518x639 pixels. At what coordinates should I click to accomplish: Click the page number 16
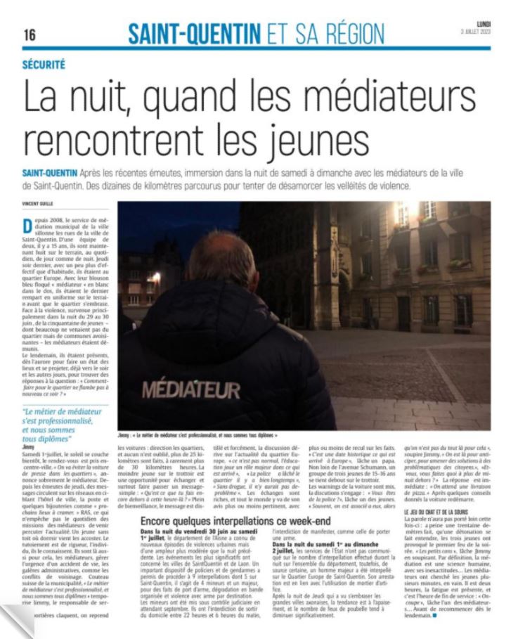click(30, 34)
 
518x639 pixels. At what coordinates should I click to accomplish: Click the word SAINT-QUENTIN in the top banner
click(191, 33)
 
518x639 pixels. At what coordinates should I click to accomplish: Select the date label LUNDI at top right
click(484, 24)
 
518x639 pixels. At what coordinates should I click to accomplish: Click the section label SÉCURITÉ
click(44, 64)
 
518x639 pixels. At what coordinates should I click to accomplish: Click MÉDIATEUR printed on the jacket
click(190, 389)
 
